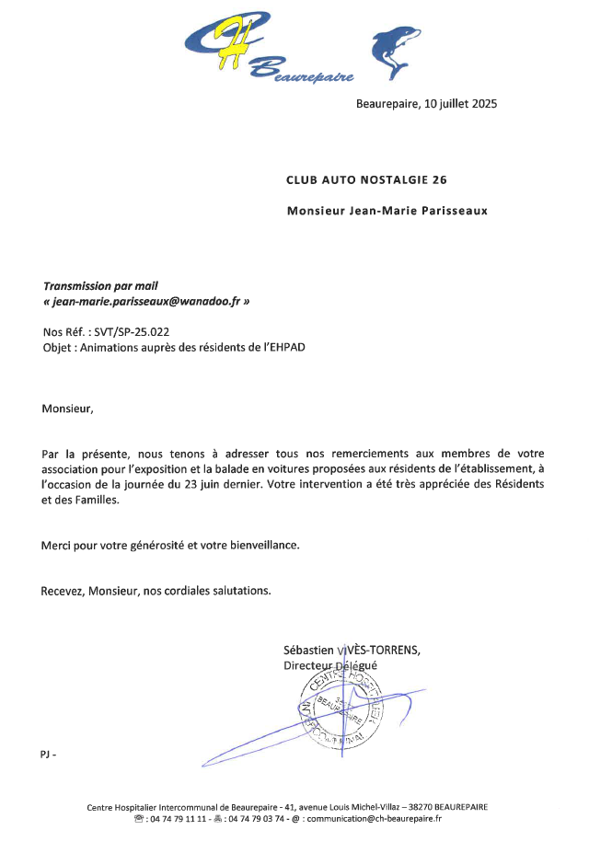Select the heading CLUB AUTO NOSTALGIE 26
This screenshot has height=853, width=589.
pos(366,179)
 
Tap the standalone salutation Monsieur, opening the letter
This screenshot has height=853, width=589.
pos(67,408)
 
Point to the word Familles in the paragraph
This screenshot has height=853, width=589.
pos(93,501)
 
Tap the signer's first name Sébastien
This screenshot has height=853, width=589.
pos(310,650)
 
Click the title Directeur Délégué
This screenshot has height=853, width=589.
pos(329,665)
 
